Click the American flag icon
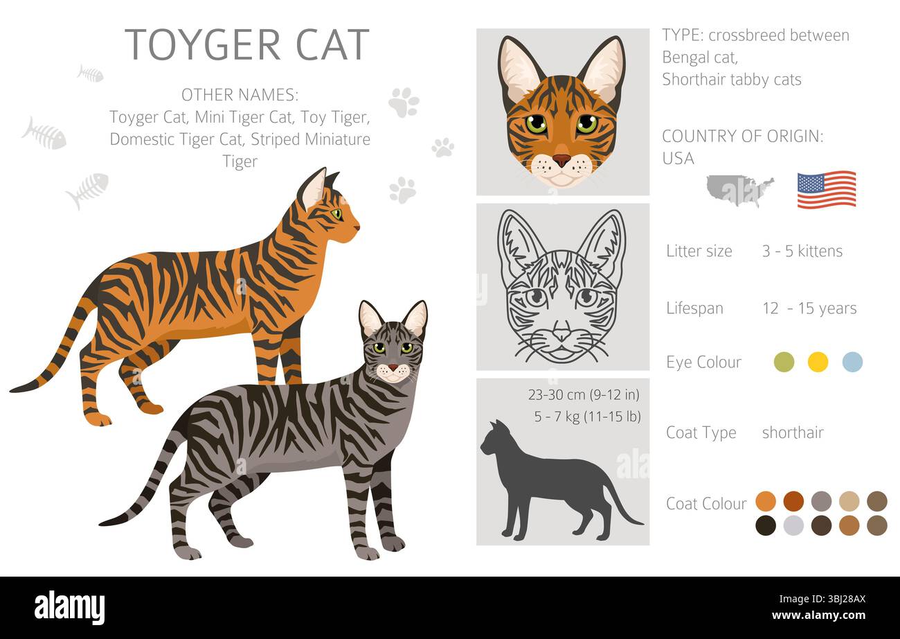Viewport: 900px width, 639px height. [x=826, y=189]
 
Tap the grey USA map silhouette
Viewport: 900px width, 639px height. [x=739, y=189]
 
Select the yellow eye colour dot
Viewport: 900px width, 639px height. [x=818, y=362]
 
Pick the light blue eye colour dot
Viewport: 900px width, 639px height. [x=852, y=362]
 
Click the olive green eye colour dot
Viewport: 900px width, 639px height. [x=784, y=362]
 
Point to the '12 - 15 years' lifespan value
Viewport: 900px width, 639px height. [x=809, y=308]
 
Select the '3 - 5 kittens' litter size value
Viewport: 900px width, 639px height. [x=802, y=251]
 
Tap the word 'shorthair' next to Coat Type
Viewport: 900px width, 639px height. [x=793, y=432]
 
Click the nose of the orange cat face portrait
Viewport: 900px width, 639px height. [x=561, y=159]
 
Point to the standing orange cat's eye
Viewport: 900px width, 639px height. [x=336, y=214]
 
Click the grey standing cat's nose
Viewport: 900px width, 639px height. [x=393, y=367]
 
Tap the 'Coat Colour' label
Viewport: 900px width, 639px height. [x=706, y=504]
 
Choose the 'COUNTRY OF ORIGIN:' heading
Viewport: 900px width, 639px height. [x=742, y=137]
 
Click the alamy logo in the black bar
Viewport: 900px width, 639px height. [x=69, y=608]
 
